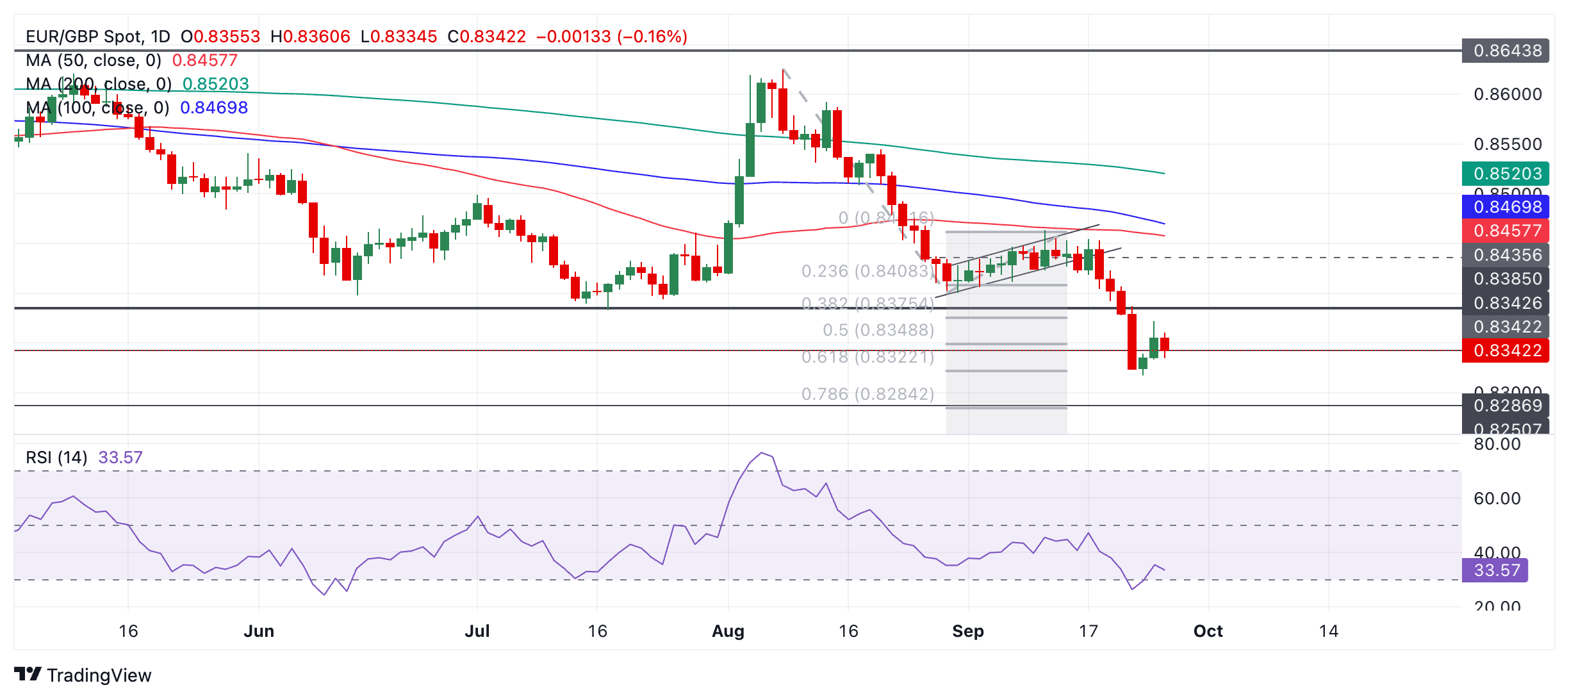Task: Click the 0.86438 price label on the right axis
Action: (1506, 51)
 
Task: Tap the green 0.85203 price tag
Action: (1506, 174)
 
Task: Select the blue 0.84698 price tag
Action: (1506, 207)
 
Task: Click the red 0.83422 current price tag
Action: (1506, 350)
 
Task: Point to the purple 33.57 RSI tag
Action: (1495, 570)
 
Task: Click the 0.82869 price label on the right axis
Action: (1506, 406)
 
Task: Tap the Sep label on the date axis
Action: (967, 631)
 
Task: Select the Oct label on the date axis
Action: (1208, 631)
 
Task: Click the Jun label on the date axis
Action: (259, 631)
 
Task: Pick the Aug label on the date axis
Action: (728, 631)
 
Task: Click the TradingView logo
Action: (83, 675)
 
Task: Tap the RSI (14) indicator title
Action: (56, 457)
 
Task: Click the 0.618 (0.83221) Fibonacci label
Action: (867, 357)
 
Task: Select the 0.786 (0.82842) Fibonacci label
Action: (867, 394)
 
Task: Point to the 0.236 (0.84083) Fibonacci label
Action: (867, 271)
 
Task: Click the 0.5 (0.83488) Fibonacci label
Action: (878, 330)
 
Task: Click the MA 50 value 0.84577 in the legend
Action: (204, 60)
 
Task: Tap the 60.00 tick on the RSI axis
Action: (1497, 498)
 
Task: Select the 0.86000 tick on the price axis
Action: (1507, 94)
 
